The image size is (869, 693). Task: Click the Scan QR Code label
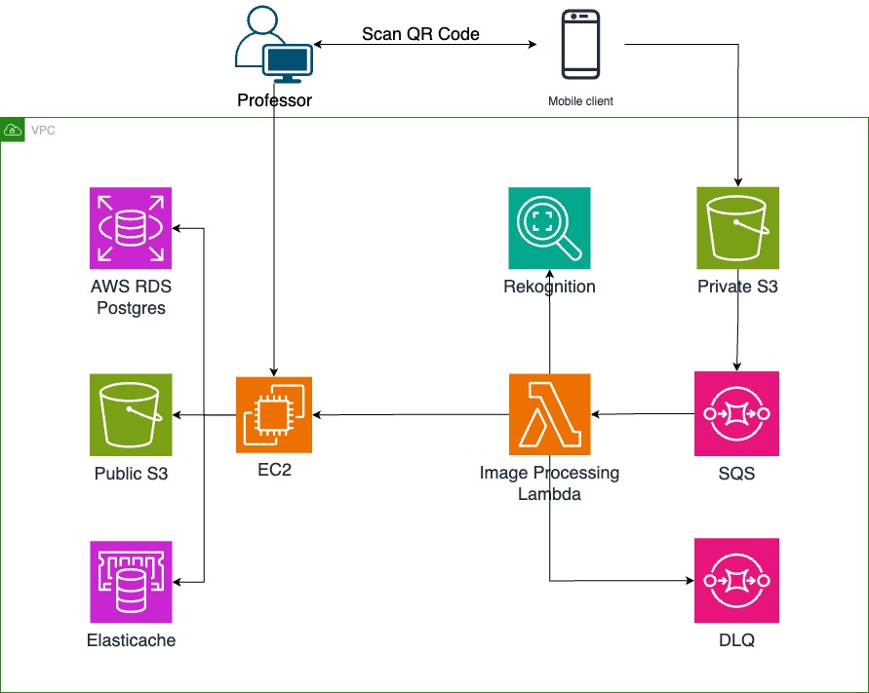[420, 34]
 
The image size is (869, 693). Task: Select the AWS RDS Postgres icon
[131, 227]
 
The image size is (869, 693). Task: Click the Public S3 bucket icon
[131, 414]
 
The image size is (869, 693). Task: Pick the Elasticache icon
[131, 582]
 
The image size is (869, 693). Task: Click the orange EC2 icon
[274, 414]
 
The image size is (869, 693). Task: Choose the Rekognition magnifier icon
[549, 227]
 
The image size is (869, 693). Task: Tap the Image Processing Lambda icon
[549, 414]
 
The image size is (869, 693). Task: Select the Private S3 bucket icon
[737, 227]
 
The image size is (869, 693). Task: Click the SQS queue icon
[736, 414]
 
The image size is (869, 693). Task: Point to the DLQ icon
[736, 582]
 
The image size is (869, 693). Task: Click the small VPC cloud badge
[13, 130]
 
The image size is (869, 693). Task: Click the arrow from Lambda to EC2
[410, 415]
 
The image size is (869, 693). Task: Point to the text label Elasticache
[131, 640]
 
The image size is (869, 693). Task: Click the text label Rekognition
[549, 287]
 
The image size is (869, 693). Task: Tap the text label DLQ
[736, 640]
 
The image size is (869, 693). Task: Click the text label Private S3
[737, 287]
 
